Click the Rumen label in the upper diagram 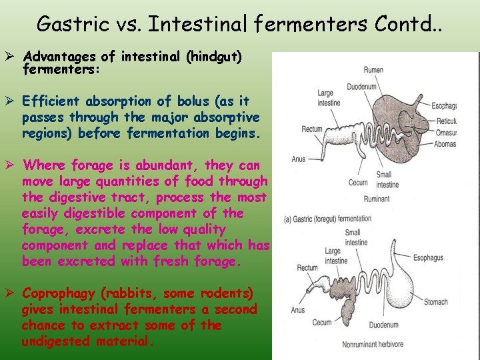[373, 69]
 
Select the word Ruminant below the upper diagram [376, 199]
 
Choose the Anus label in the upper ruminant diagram [298, 159]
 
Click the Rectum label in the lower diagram [307, 268]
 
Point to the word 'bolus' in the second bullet [192, 101]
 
